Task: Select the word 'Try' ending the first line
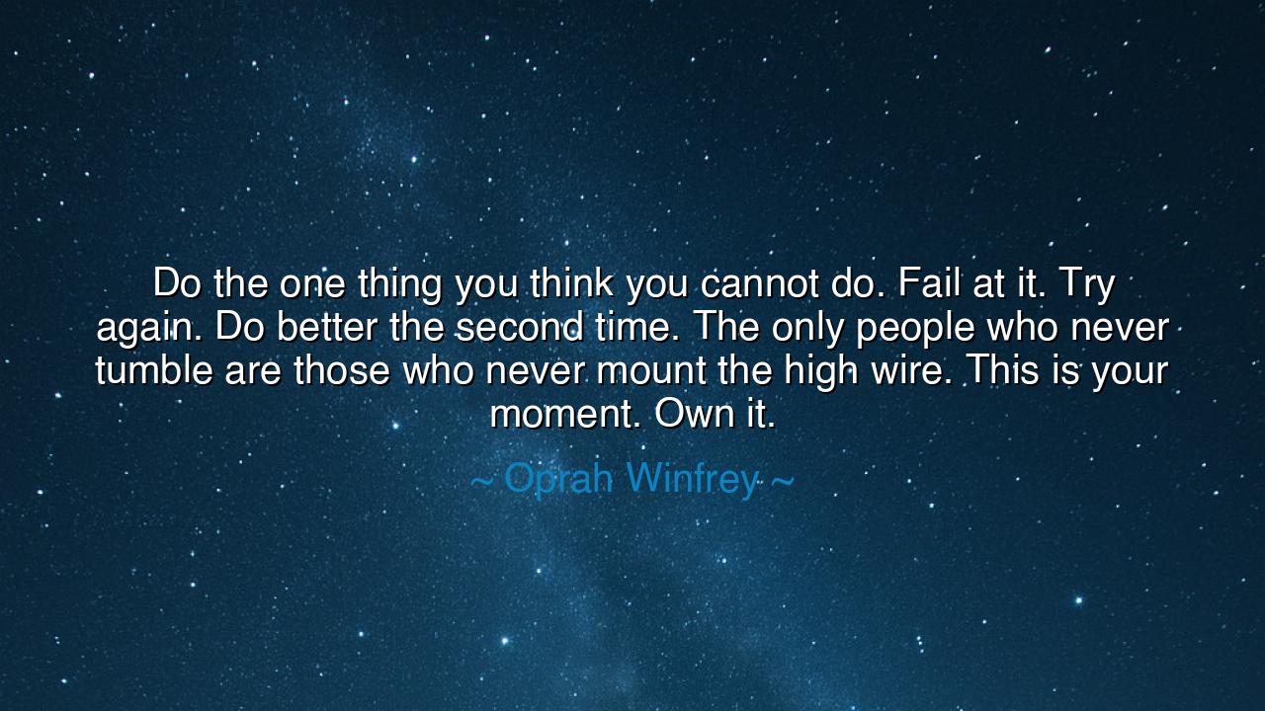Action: [1086, 284]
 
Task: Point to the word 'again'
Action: [140, 328]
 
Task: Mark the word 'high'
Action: [819, 371]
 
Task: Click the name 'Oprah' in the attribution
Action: [558, 480]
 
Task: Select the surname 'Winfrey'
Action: [692, 479]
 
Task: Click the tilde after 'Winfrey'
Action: [781, 481]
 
